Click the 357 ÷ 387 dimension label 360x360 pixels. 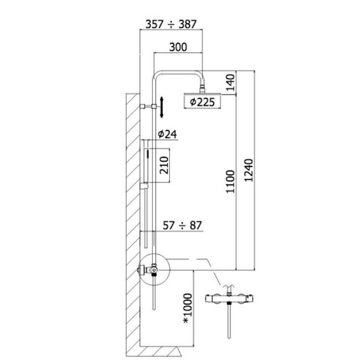click(x=171, y=24)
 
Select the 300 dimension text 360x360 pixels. click(x=178, y=47)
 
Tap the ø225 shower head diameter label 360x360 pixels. click(x=202, y=102)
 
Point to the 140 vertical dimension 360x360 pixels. click(x=231, y=83)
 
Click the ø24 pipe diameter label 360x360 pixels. click(x=167, y=134)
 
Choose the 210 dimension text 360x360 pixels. click(x=164, y=165)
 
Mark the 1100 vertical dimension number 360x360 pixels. click(x=231, y=182)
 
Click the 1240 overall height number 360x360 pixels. click(x=249, y=170)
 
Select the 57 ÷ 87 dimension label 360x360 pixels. click(x=182, y=225)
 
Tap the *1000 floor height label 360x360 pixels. click(x=187, y=308)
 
